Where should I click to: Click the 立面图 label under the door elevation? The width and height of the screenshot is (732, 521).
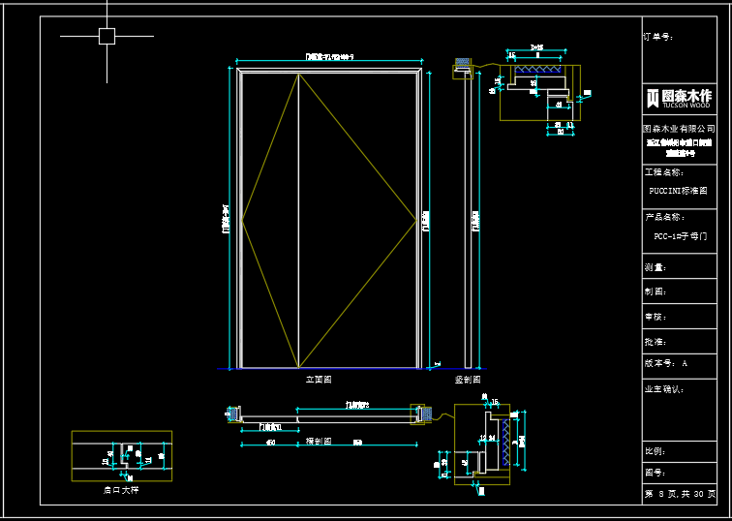(x=319, y=381)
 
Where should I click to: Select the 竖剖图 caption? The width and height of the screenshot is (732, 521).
(x=469, y=381)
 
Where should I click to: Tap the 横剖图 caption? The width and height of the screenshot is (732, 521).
(x=319, y=441)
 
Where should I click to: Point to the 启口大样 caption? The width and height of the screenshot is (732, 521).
(x=121, y=490)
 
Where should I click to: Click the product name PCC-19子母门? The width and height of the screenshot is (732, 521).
(x=680, y=235)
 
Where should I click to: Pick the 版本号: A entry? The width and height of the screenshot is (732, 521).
(x=665, y=364)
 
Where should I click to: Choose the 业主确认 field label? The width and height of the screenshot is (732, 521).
(x=663, y=389)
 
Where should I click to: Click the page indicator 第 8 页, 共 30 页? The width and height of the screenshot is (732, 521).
(x=681, y=494)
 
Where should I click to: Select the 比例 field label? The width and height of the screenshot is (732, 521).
(x=656, y=451)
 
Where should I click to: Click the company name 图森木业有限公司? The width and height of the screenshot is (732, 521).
(x=679, y=128)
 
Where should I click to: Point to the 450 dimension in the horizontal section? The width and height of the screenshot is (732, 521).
(x=270, y=444)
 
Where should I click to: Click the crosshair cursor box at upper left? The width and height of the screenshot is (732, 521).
(x=107, y=37)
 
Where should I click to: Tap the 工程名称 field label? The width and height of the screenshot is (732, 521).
(x=663, y=171)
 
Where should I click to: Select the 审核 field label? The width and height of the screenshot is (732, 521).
(x=656, y=317)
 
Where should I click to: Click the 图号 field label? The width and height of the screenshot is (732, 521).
(x=656, y=473)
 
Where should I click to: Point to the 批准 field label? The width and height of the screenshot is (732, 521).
(x=656, y=342)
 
